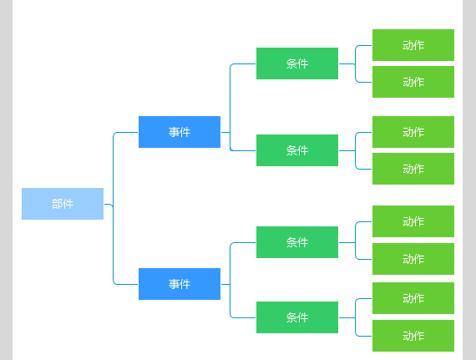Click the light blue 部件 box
click(x=63, y=204)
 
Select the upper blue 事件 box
click(x=180, y=132)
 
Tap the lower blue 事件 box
click(x=180, y=284)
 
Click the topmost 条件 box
click(x=297, y=63)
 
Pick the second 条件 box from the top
click(x=297, y=150)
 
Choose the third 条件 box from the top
click(x=297, y=242)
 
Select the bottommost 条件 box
click(x=297, y=317)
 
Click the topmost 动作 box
click(x=413, y=45)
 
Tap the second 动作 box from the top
click(x=413, y=82)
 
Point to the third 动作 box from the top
click(x=413, y=132)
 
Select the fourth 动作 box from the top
click(x=413, y=169)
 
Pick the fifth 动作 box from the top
click(x=413, y=221)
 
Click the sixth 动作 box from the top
click(x=413, y=259)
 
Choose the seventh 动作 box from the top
click(x=413, y=298)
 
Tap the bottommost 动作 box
click(x=413, y=336)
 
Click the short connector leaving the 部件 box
click(x=109, y=205)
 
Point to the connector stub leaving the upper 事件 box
click(x=225, y=132)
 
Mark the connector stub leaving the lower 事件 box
click(x=225, y=285)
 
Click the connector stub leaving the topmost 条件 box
click(x=347, y=63)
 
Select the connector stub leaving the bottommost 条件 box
click(x=347, y=317)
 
